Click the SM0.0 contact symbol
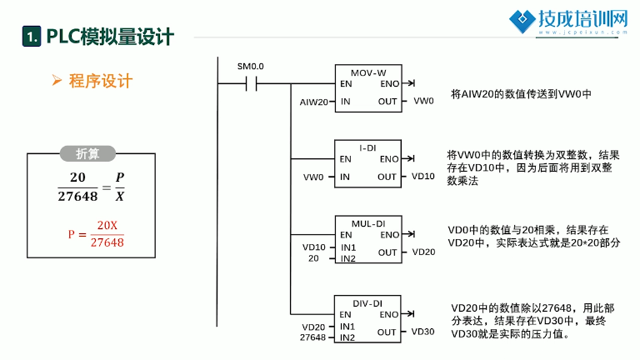click(251, 84)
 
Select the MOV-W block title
click(368, 73)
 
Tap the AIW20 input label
click(313, 102)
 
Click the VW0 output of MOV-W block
click(423, 101)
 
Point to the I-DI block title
click(367, 148)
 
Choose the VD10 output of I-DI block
click(422, 177)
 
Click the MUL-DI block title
click(368, 223)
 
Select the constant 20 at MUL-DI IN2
click(313, 258)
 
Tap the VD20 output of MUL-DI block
click(423, 252)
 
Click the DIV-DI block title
click(367, 303)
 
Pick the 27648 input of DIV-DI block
click(312, 337)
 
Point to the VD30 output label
click(422, 332)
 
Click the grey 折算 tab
click(87, 154)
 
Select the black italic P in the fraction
click(120, 177)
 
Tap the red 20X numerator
click(107, 225)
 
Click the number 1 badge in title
click(32, 37)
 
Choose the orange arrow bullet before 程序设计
click(57, 80)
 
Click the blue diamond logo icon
click(522, 21)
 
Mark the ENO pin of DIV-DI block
click(388, 315)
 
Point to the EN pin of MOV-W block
click(346, 83)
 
